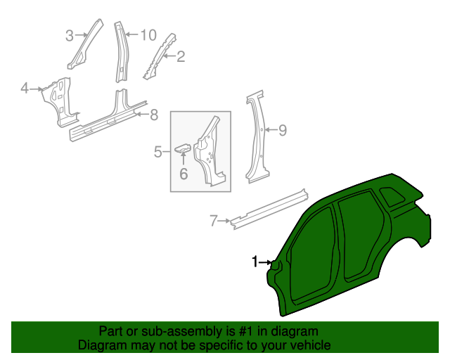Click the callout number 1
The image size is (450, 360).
[255, 262]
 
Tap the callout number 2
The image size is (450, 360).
[181, 57]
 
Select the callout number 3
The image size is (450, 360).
[70, 36]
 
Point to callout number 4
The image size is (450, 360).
[25, 89]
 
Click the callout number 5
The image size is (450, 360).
[158, 150]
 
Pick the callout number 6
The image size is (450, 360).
[183, 173]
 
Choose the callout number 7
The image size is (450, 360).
[214, 221]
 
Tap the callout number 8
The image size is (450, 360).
[154, 115]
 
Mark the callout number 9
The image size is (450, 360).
[283, 129]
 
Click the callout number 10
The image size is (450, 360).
[148, 34]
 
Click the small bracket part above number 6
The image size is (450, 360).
[183, 148]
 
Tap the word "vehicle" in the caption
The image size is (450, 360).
[309, 345]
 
